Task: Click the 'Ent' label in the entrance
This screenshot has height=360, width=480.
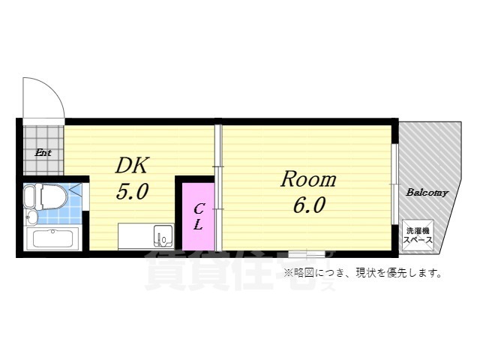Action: (x=43, y=152)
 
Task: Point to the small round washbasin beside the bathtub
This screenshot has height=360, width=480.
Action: (x=31, y=218)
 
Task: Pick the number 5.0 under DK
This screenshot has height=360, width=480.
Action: (x=131, y=192)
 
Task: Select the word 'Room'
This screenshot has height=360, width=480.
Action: (x=308, y=179)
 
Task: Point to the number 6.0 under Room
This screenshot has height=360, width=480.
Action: (x=308, y=205)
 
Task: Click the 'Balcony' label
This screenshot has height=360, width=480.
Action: (x=427, y=193)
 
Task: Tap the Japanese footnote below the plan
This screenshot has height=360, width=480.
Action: (x=361, y=272)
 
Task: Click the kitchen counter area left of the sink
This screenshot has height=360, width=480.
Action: (x=135, y=236)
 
